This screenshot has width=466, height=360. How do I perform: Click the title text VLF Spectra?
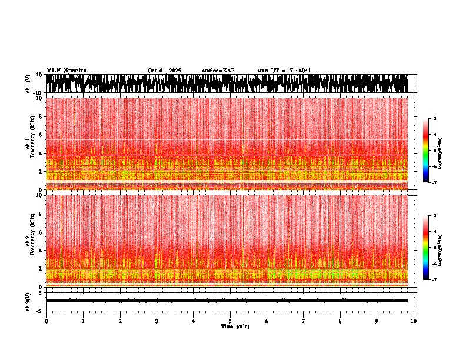[66, 70]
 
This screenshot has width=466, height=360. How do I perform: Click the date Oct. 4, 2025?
[164, 71]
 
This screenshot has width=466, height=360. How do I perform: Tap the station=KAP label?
[218, 71]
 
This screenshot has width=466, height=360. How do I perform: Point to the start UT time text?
[284, 71]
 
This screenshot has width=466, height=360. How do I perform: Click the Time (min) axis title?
[235, 326]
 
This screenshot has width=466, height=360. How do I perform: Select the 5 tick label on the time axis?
[230, 321]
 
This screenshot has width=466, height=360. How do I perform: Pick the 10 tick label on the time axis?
[414, 321]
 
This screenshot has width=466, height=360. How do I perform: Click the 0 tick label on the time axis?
[46, 321]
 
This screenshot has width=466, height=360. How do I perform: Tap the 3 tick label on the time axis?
[157, 321]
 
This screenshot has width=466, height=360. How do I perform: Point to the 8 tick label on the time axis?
[340, 321]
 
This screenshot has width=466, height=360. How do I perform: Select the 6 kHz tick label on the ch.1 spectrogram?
[39, 135]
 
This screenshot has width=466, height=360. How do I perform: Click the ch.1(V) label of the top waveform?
[28, 84]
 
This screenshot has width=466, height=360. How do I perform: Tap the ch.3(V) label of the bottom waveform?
[28, 301]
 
